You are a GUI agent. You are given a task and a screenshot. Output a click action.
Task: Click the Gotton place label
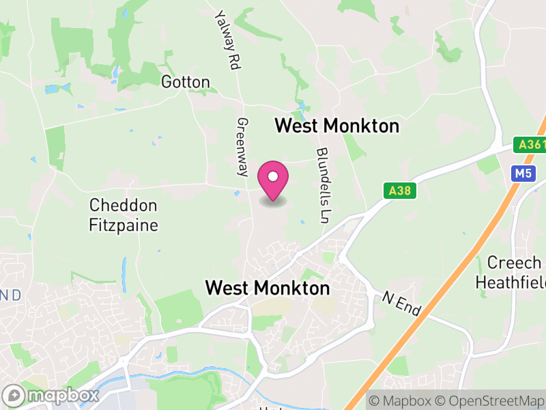pos(185,82)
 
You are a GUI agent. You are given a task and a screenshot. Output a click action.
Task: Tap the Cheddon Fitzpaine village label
pos(124,215)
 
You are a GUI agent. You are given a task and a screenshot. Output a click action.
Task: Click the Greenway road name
pos(242,147)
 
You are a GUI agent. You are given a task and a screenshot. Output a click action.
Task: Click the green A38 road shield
pos(399,192)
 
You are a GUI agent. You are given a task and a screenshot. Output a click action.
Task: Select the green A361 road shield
pos(530,145)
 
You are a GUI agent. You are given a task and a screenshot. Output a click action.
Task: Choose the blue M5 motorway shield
pos(523,174)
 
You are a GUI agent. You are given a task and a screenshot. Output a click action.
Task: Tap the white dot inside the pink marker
pos(273,177)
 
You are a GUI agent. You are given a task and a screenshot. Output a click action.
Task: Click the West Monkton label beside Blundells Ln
pos(336,126)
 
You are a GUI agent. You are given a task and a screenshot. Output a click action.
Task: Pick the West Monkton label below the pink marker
pos(268,288)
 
